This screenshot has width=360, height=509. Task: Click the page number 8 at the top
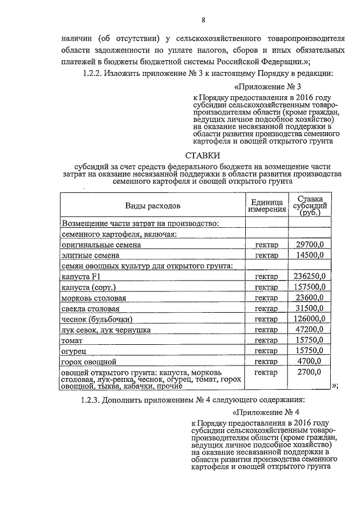point(204,21)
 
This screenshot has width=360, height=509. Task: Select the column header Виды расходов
point(153,205)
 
